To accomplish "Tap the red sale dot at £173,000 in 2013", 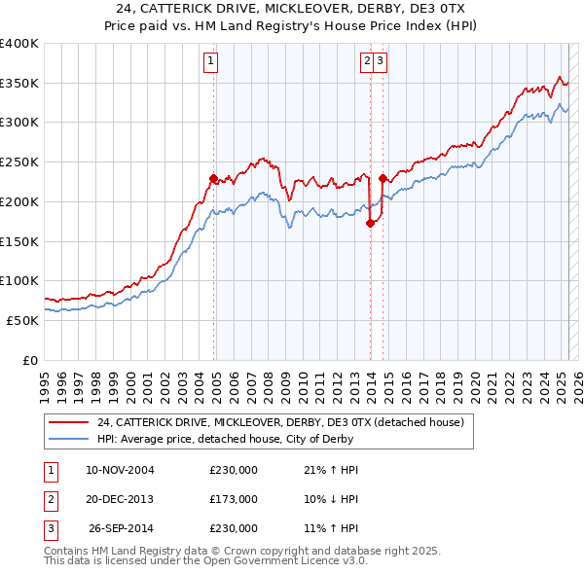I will [x=370, y=223].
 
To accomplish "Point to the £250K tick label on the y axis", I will [x=19, y=162].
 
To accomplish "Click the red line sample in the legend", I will [x=69, y=423].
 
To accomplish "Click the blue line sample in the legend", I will [x=69, y=439].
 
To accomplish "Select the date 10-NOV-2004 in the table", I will [x=120, y=470].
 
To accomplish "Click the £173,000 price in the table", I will [x=234, y=499].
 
